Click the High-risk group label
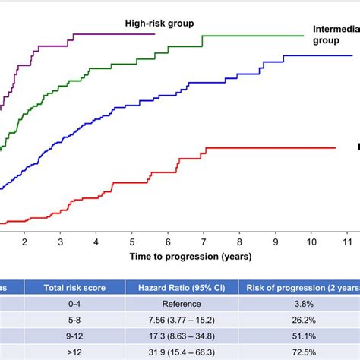click(159, 23)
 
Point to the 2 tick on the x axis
click(24, 242)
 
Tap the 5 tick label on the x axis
click(132, 242)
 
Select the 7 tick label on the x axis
click(204, 242)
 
